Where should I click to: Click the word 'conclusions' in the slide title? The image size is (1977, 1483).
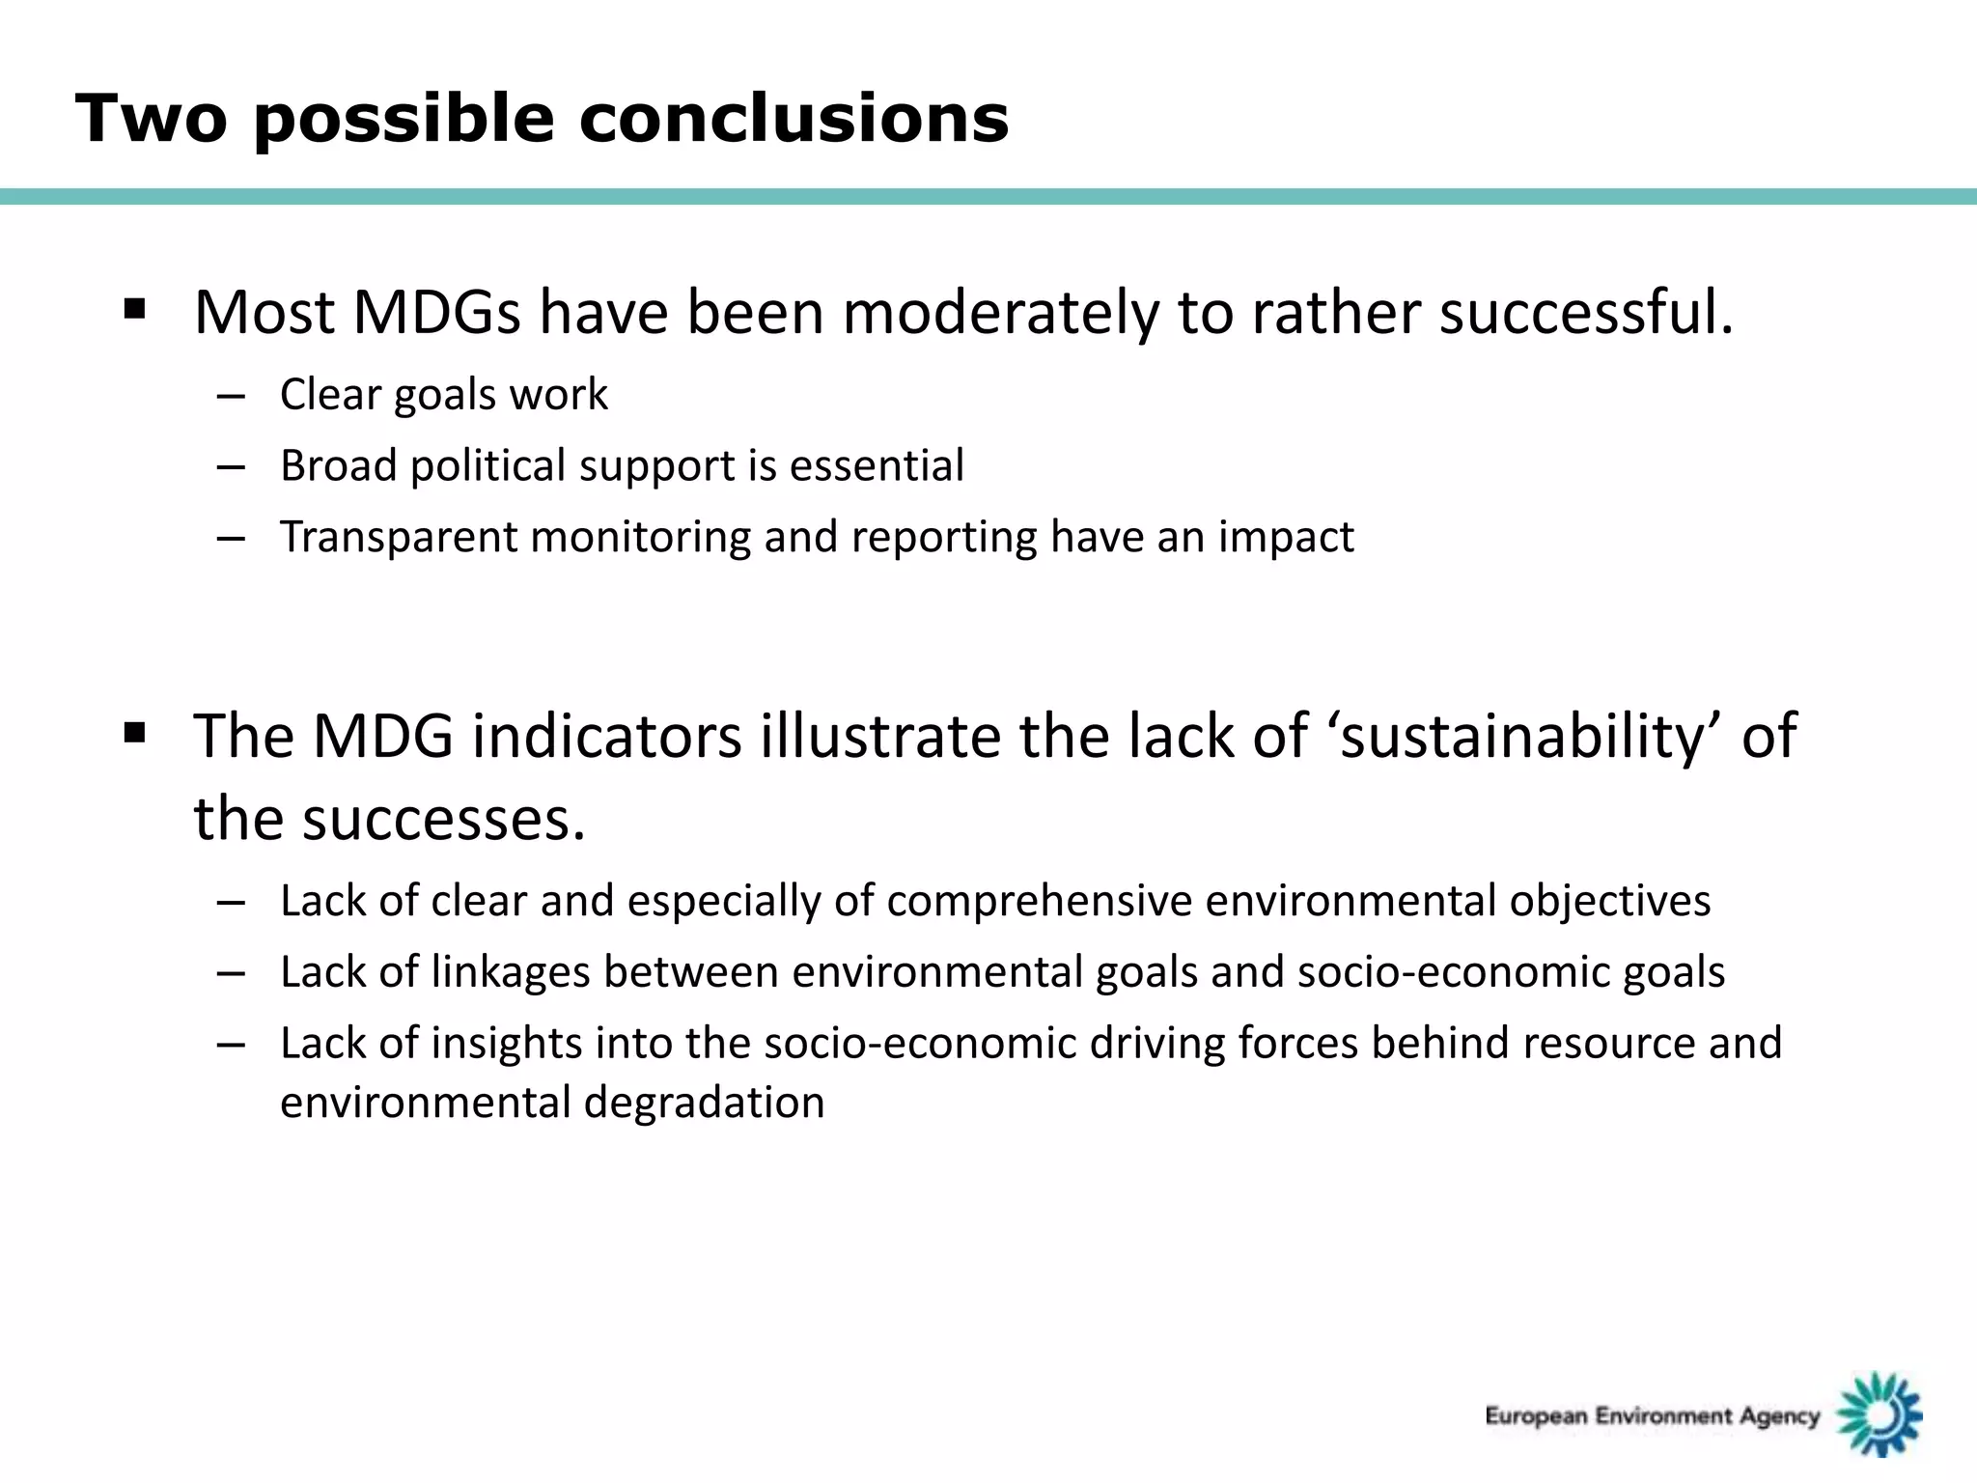tap(794, 119)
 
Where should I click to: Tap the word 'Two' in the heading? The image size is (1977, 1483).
tap(151, 119)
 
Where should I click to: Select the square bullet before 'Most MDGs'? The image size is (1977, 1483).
tap(134, 310)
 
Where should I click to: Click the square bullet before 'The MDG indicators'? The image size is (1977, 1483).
tap(134, 733)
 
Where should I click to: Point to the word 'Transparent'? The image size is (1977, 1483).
tap(399, 537)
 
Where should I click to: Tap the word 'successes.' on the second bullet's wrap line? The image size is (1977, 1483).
tap(443, 819)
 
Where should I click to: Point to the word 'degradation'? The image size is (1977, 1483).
tap(704, 1103)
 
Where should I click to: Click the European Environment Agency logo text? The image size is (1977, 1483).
tap(1652, 1416)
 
